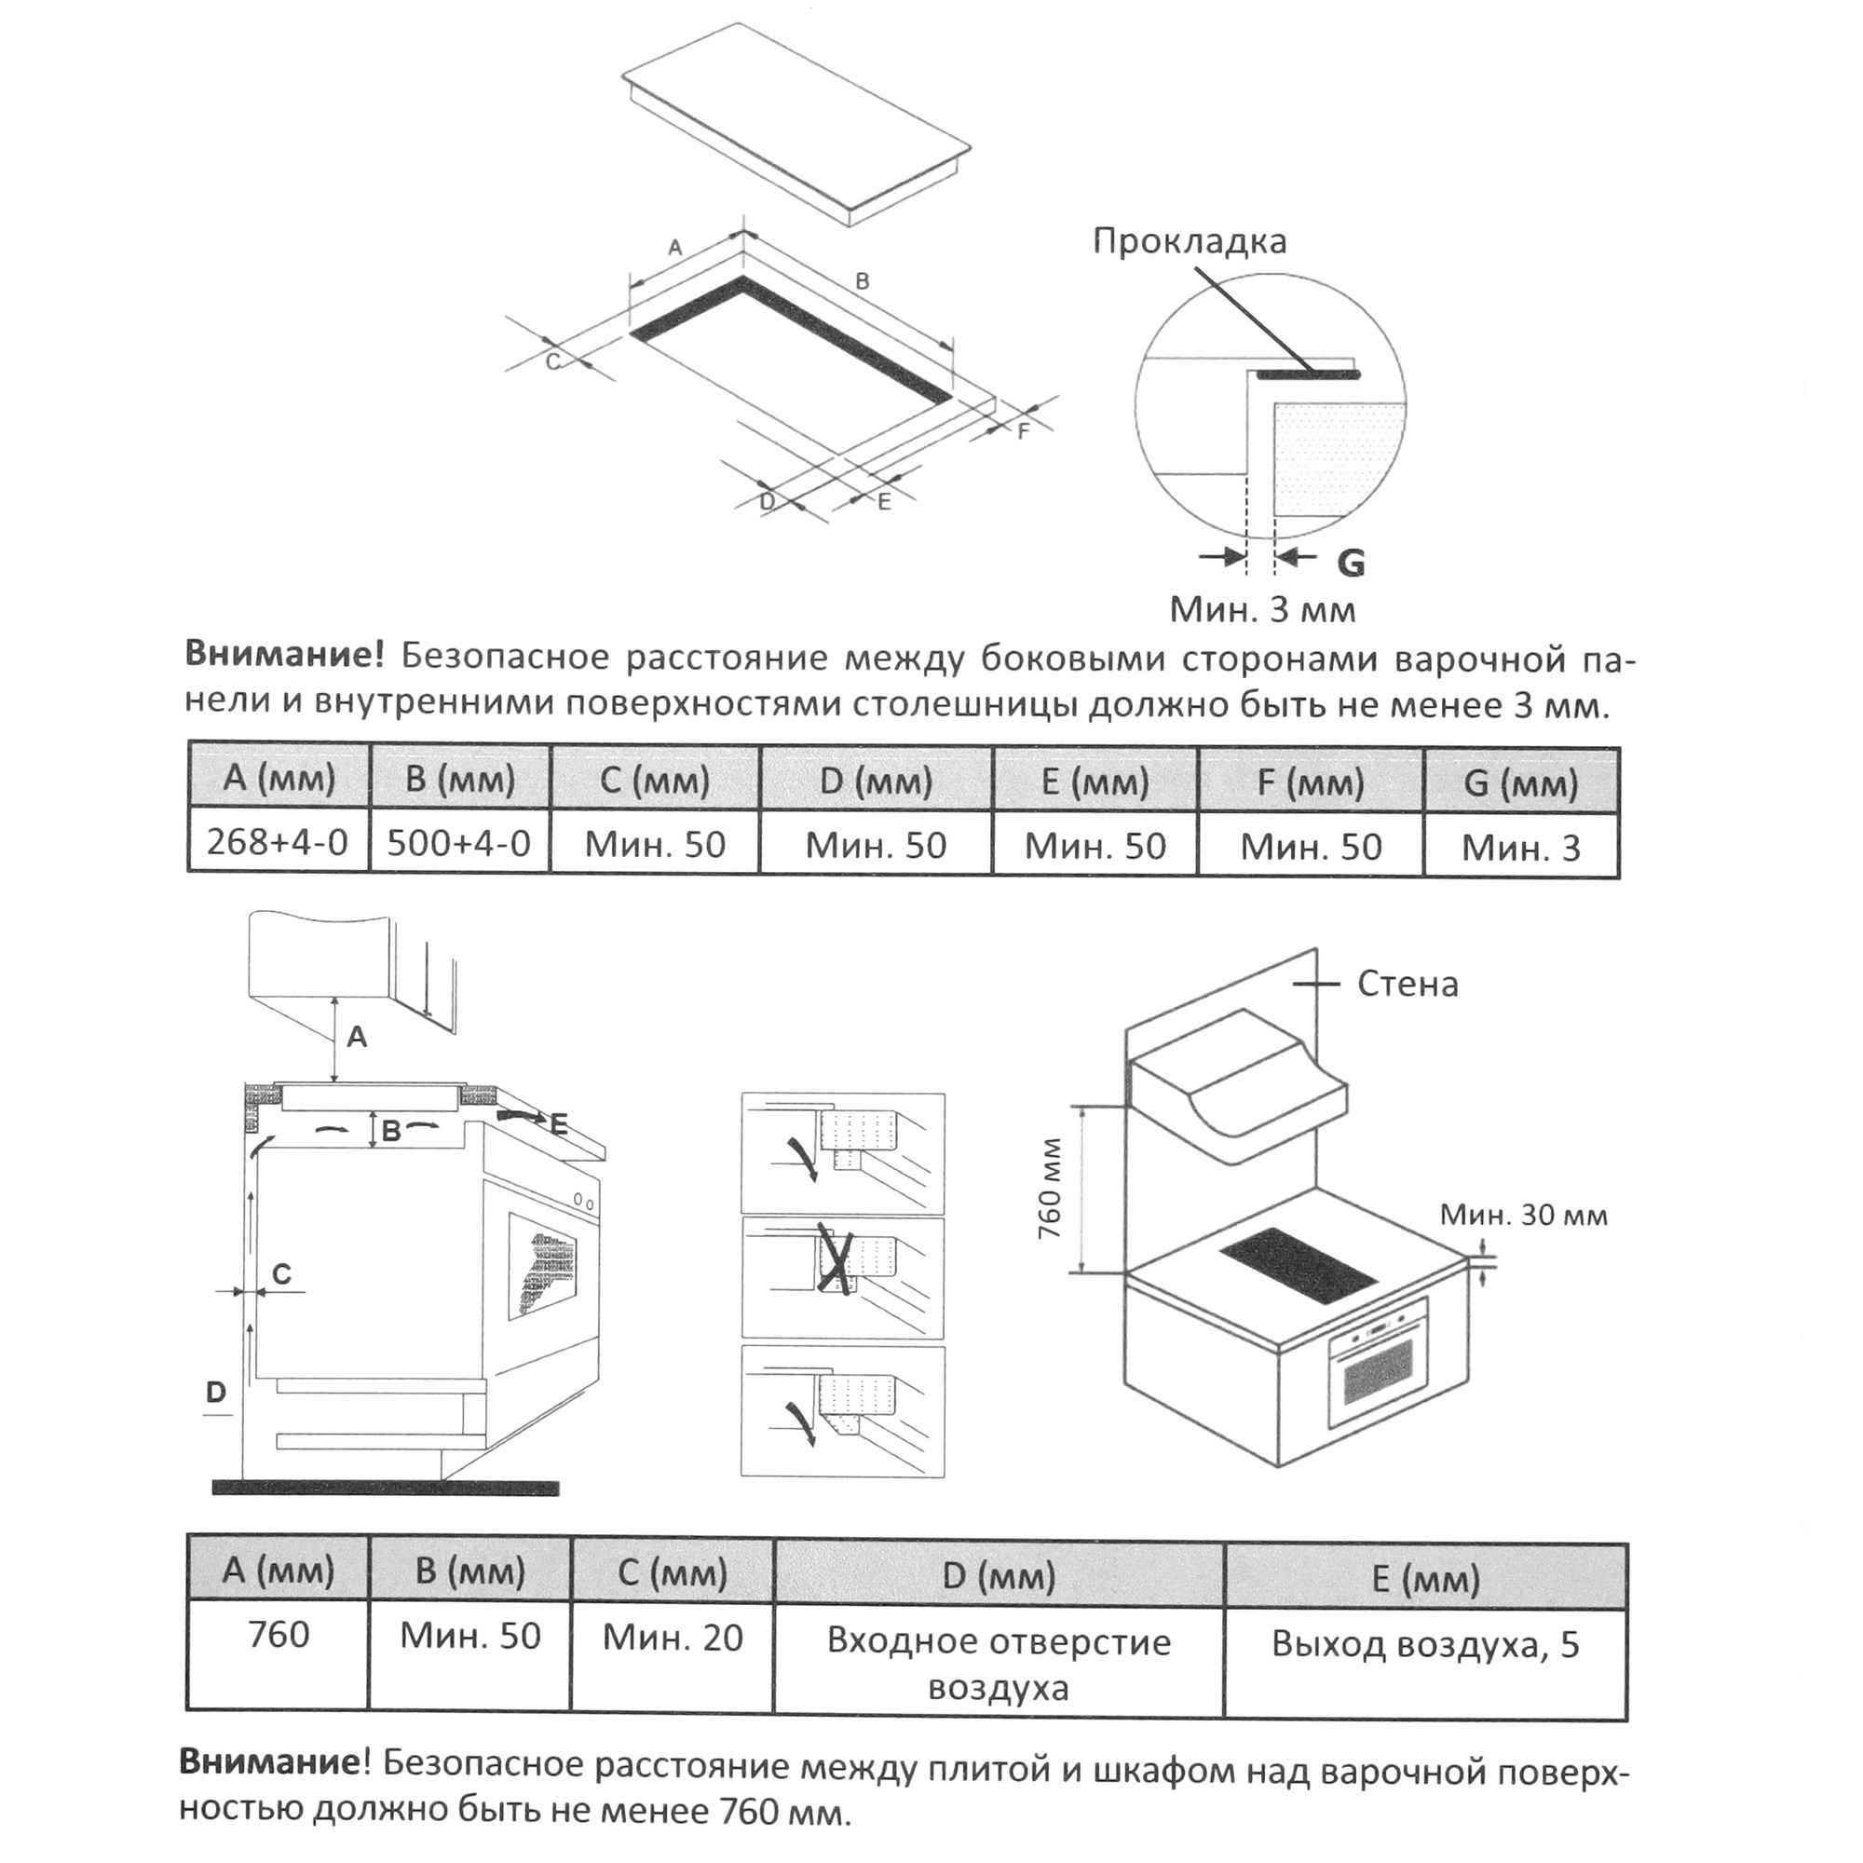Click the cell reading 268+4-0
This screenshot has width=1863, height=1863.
tap(277, 843)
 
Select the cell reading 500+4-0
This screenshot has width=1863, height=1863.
tap(459, 844)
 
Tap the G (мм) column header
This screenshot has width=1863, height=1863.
tap(1521, 782)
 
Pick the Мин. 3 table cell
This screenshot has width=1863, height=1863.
tap(1521, 848)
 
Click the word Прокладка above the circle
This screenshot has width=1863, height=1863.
tap(1189, 241)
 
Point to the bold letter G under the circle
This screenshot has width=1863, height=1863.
tap(1351, 563)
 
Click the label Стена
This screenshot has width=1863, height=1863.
tap(1407, 985)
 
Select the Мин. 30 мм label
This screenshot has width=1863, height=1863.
tap(1524, 1215)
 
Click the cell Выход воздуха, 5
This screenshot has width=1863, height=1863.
tap(1425, 1644)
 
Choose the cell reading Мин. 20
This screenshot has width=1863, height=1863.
tap(673, 1638)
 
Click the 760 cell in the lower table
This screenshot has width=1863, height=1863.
tap(278, 1635)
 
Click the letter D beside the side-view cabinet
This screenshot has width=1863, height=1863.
tap(216, 1393)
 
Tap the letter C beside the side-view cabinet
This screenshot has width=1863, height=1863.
tap(281, 1273)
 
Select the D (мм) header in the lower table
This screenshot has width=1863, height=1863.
tap(998, 1576)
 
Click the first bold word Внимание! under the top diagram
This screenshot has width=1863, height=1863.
tap(284, 656)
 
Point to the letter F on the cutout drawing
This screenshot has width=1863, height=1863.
tap(1024, 431)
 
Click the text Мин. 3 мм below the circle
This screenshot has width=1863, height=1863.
tap(1262, 609)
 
